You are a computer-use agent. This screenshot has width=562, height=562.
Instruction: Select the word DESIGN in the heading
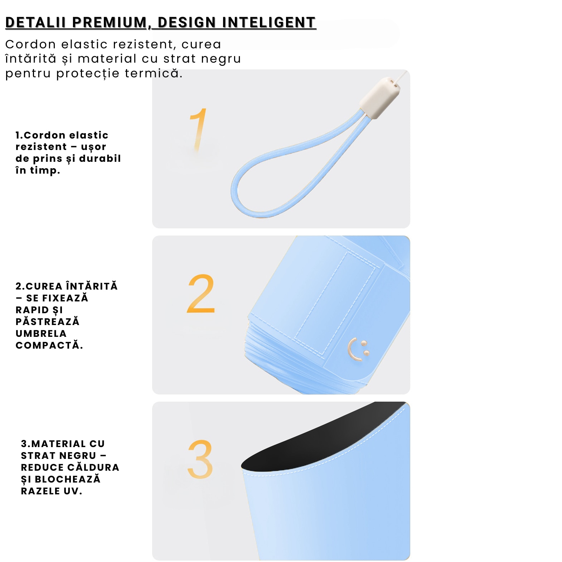(186, 22)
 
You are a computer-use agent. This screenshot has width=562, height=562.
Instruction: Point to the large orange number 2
(201, 294)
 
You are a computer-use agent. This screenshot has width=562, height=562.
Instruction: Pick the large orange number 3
(200, 459)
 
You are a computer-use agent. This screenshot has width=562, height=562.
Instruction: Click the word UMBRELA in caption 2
(41, 333)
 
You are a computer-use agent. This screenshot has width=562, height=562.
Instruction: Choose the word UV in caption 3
(73, 491)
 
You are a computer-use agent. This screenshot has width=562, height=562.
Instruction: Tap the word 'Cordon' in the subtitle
(31, 44)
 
